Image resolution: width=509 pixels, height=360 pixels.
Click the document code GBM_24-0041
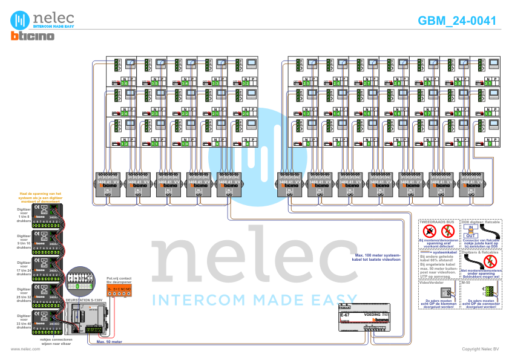coord(457,21)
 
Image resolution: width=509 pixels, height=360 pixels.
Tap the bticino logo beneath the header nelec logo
coord(33,36)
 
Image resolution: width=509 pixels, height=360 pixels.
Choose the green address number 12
coord(125,143)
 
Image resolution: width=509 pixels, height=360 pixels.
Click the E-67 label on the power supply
coord(344,315)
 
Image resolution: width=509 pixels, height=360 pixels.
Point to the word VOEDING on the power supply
coord(372,315)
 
